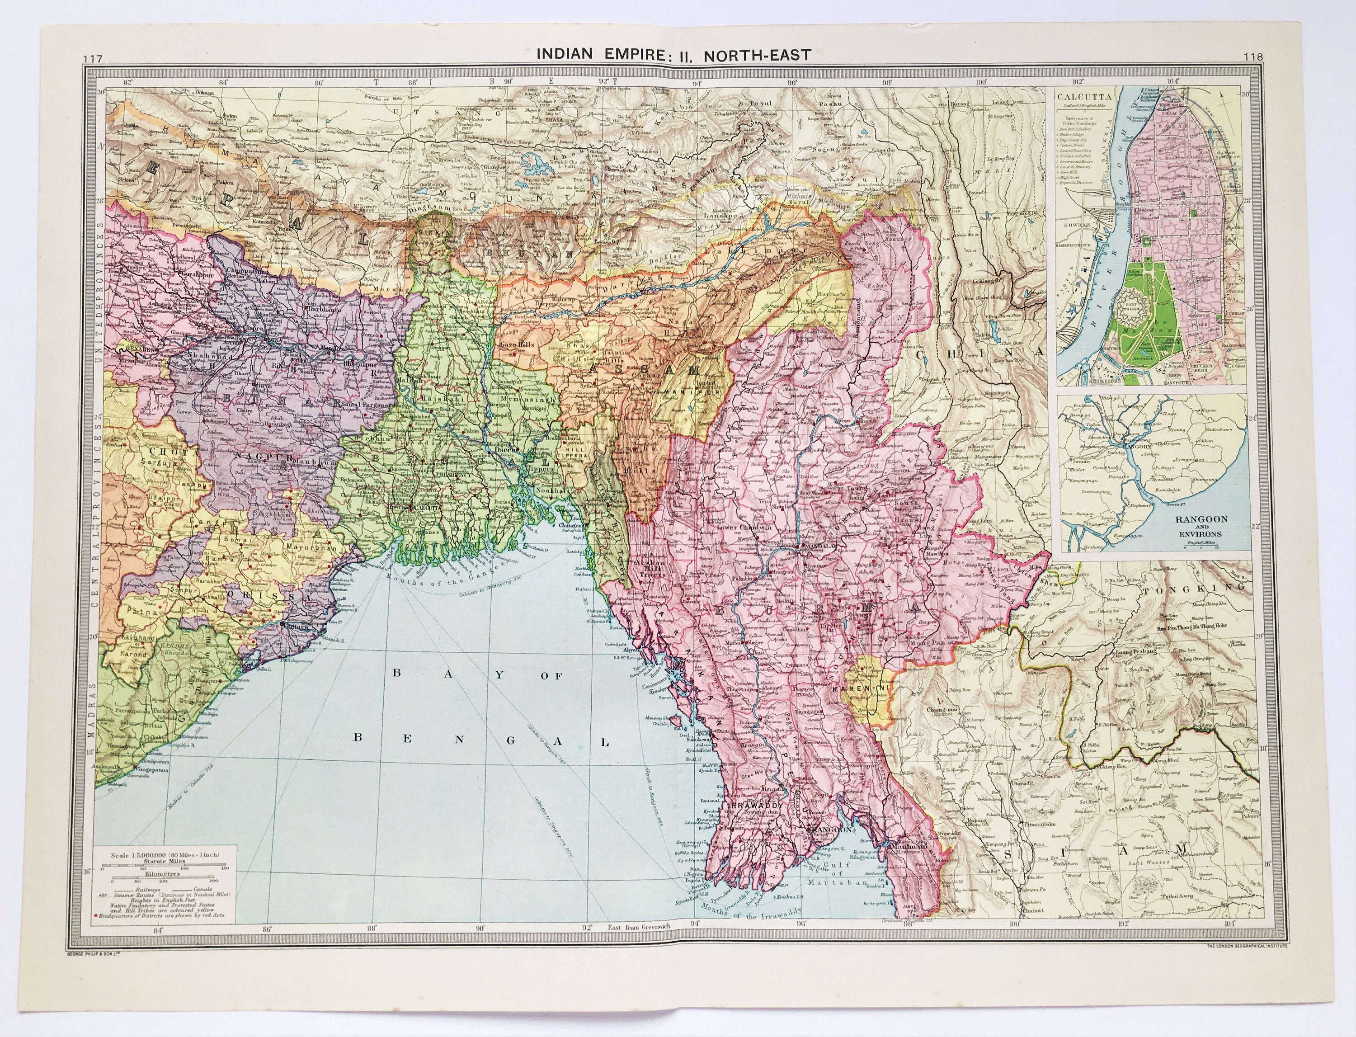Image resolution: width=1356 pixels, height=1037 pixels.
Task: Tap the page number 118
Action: pos(1253,57)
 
